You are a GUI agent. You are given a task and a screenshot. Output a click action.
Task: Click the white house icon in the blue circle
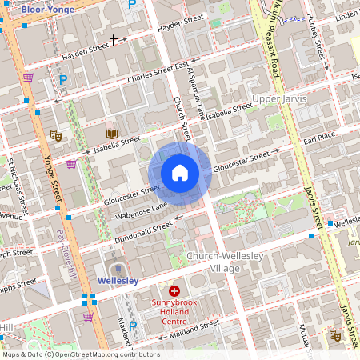(x=180, y=173)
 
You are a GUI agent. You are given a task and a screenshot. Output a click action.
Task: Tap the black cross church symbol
(x=114, y=39)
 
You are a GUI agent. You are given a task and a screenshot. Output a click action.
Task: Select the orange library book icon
(x=111, y=133)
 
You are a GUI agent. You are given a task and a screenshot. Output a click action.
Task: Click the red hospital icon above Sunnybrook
(x=174, y=292)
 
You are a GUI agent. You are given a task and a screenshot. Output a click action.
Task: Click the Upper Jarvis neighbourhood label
(x=279, y=98)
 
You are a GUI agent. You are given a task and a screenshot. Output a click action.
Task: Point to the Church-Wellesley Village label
(x=213, y=262)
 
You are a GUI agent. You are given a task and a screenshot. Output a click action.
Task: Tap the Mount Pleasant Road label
(x=267, y=40)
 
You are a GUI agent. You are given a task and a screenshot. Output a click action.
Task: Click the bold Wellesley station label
(x=118, y=281)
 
